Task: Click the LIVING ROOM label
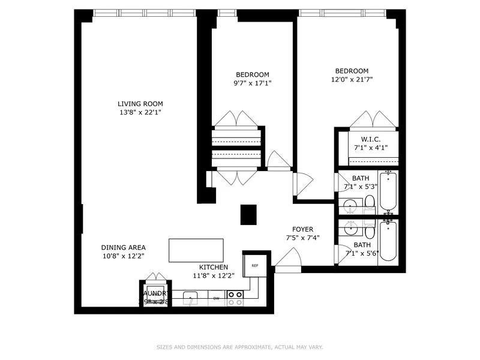coord(140,104)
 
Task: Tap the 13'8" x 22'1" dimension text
coord(140,112)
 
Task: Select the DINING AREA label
coord(123,247)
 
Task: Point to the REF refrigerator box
coord(254,265)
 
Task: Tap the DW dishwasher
coord(217,298)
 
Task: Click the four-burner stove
coord(235,298)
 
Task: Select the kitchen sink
coord(191,298)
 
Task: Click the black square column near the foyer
coord(248,214)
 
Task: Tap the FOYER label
coord(302,229)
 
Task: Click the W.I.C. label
coord(370,139)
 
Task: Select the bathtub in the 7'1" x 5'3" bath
coord(388,191)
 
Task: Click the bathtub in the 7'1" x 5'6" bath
coord(388,241)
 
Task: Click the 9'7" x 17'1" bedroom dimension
coord(253,83)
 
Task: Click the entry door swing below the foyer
coord(290,258)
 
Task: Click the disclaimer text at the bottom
coord(239,347)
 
